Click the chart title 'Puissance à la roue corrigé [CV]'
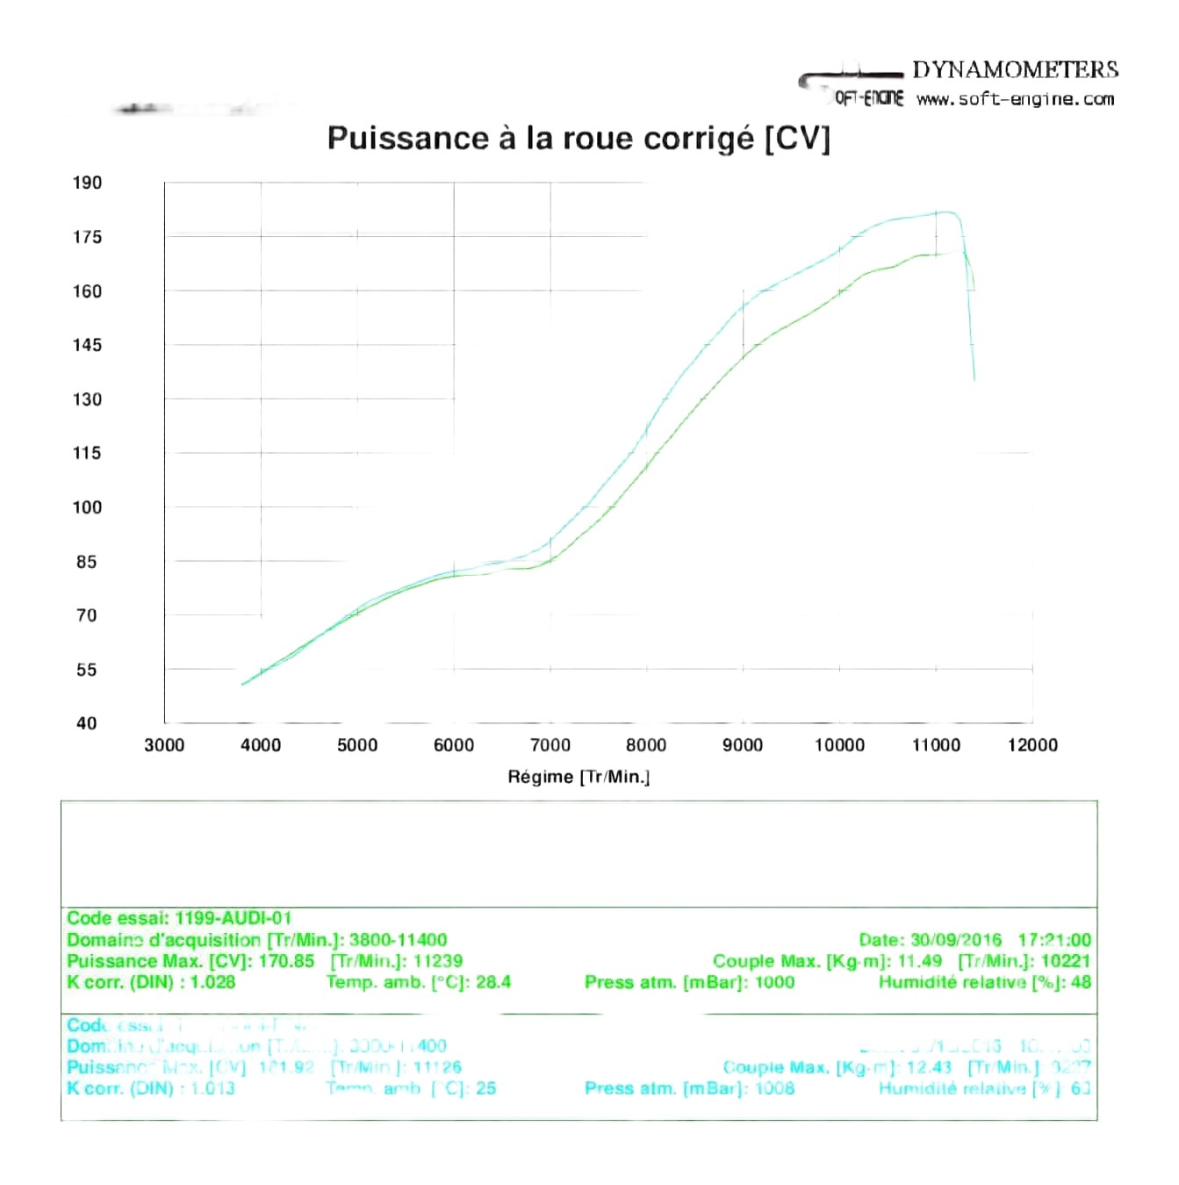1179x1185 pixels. (578, 139)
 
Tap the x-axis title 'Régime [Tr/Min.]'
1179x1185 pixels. (579, 777)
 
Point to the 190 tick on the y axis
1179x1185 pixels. (87, 183)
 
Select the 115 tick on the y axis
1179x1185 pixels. (87, 453)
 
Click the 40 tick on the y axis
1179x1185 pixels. (86, 723)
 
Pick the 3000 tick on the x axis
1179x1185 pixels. (164, 745)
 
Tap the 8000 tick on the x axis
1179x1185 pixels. (646, 745)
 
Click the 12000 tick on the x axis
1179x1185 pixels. (1032, 745)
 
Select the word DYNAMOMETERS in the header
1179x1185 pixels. (1015, 70)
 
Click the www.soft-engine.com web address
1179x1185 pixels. (1015, 99)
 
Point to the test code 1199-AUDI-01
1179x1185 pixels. (233, 918)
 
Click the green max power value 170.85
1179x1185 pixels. (286, 961)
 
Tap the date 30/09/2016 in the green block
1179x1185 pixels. (956, 940)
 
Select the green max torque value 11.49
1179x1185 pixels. (919, 961)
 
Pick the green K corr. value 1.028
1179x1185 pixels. (212, 982)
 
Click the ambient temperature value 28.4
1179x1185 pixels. (493, 982)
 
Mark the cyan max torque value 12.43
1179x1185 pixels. (929, 1067)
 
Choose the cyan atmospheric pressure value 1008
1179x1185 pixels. (774, 1088)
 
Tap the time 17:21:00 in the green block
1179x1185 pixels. (1054, 940)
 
